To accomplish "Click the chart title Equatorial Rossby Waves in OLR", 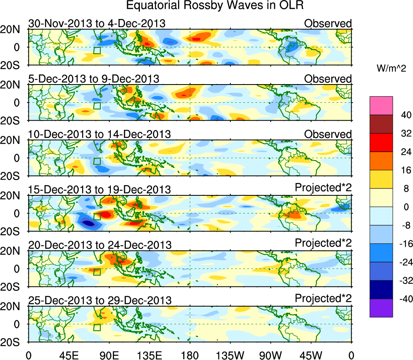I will tap(214, 6).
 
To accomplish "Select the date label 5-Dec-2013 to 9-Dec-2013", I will tap(94, 79).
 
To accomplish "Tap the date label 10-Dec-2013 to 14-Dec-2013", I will tap(100, 134).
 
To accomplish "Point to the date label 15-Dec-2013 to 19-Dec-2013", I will tap(100, 190).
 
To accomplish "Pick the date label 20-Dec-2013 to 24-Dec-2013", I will tap(100, 245).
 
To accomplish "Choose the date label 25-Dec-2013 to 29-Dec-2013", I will tap(100, 301).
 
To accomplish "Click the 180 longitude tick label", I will tap(190, 355).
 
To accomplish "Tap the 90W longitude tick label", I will tap(271, 355).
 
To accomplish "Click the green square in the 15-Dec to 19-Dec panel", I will tap(97, 216).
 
